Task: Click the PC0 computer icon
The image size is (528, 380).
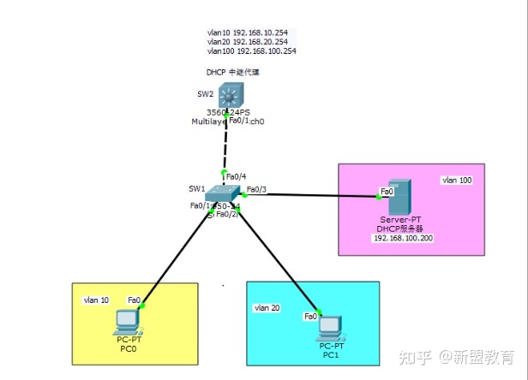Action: [127, 322]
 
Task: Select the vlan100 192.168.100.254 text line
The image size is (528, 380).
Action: [251, 51]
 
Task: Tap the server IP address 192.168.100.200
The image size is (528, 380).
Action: [402, 238]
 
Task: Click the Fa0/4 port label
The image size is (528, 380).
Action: [235, 176]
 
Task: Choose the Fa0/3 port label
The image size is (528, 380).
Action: [256, 189]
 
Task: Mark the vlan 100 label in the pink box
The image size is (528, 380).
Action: [457, 181]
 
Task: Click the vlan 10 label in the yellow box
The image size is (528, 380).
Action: [95, 300]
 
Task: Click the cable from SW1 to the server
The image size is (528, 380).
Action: [313, 196]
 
